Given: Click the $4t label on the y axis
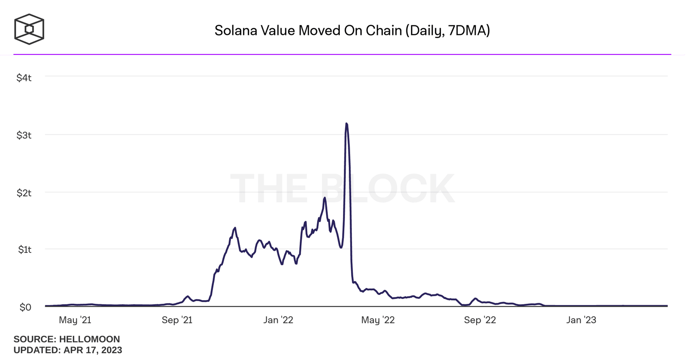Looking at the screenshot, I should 24,78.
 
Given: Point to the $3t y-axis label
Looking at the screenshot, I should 24,135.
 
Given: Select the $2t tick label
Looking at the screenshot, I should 24,193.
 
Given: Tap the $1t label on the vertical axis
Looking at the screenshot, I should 25,250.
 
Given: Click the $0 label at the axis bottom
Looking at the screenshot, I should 25,307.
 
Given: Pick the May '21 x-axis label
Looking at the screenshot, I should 75,320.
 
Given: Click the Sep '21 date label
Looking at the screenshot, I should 177,320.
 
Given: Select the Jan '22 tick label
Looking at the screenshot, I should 278,320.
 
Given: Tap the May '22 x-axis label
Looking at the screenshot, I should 378,320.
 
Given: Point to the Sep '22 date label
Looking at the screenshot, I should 480,320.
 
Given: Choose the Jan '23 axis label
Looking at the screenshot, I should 581,320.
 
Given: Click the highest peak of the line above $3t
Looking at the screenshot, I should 347,124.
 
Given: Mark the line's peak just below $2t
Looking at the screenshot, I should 325,197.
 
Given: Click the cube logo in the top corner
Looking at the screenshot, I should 29,29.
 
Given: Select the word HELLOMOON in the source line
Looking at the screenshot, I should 89,339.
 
